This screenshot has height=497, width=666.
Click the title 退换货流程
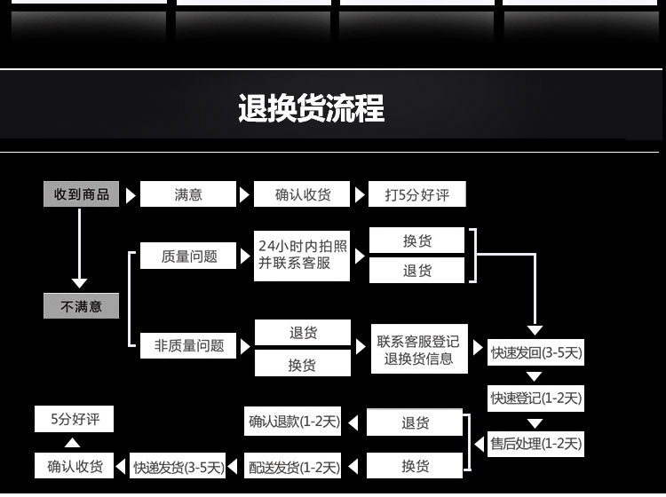tap(311, 108)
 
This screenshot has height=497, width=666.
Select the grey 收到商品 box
tap(81, 194)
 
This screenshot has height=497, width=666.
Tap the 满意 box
tap(188, 194)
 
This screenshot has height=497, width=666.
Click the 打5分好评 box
tap(416, 194)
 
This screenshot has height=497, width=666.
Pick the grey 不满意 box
tap(81, 306)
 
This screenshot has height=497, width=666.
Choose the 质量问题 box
tap(188, 256)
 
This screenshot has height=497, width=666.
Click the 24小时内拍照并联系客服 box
tap(302, 255)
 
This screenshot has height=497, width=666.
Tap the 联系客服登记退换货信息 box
tap(418, 350)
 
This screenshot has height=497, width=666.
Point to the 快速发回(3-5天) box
tap(536, 352)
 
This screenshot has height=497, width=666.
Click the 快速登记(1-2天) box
tap(536, 398)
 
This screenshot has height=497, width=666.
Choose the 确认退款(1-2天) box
tap(294, 422)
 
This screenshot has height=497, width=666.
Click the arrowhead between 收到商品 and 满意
tap(131, 194)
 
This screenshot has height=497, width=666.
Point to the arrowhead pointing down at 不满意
tap(80, 283)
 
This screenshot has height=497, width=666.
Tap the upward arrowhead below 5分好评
tap(75, 443)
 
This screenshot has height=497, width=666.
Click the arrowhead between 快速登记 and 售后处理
tap(535, 423)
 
